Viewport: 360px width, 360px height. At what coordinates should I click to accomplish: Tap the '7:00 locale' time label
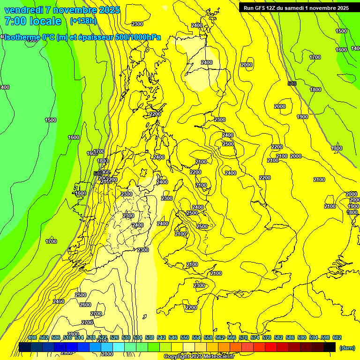33,21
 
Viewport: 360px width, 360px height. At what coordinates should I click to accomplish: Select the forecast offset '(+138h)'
83,21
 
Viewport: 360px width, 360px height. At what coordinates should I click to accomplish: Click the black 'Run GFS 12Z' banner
294,7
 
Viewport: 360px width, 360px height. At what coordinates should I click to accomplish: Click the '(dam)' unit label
347,347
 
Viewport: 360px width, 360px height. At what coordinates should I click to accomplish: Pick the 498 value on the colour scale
32,337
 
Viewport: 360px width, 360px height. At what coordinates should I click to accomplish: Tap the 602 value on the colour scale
337,337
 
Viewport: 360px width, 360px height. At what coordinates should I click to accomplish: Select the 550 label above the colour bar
185,337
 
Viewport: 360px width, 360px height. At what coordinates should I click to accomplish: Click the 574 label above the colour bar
255,337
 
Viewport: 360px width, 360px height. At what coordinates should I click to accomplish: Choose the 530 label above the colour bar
126,337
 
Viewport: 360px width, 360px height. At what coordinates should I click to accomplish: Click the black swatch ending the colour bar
330,347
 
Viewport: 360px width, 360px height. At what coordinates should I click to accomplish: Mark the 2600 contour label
85,305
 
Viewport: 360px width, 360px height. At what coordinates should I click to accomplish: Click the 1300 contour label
337,149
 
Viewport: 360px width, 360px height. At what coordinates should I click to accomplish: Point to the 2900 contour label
67,352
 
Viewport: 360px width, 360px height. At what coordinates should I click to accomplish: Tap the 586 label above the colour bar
290,337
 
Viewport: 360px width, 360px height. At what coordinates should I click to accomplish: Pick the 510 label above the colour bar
67,337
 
